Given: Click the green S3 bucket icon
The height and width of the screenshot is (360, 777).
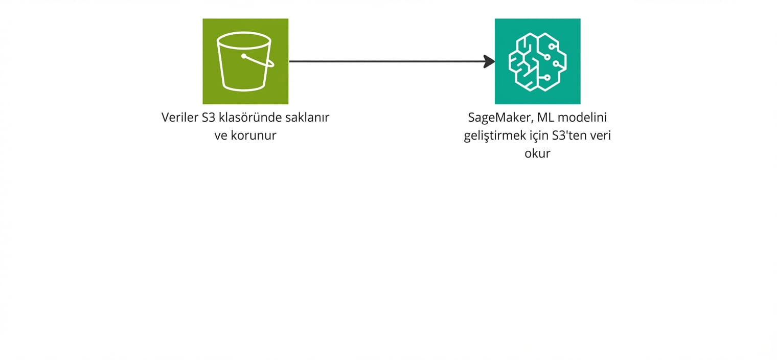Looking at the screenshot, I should coord(245,61).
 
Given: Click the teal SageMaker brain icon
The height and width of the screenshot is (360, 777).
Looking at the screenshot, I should coord(537,61).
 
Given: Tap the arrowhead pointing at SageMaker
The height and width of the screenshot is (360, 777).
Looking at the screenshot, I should coord(489,61).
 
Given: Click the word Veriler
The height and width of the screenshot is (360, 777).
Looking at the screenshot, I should coord(180,118).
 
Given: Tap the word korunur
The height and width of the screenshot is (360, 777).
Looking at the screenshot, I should coord(254,136).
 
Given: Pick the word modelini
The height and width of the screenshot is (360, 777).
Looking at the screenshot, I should coord(582,118).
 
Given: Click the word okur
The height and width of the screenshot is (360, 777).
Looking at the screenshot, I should coord(537,153).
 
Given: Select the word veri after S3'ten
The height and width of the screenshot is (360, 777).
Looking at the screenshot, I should coord(602,136).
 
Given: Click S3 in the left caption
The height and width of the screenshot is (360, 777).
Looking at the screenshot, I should coord(209,118).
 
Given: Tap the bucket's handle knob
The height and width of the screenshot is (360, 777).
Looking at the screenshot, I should coord(244,56).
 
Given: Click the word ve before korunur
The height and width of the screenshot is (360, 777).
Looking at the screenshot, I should coord(221,136).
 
